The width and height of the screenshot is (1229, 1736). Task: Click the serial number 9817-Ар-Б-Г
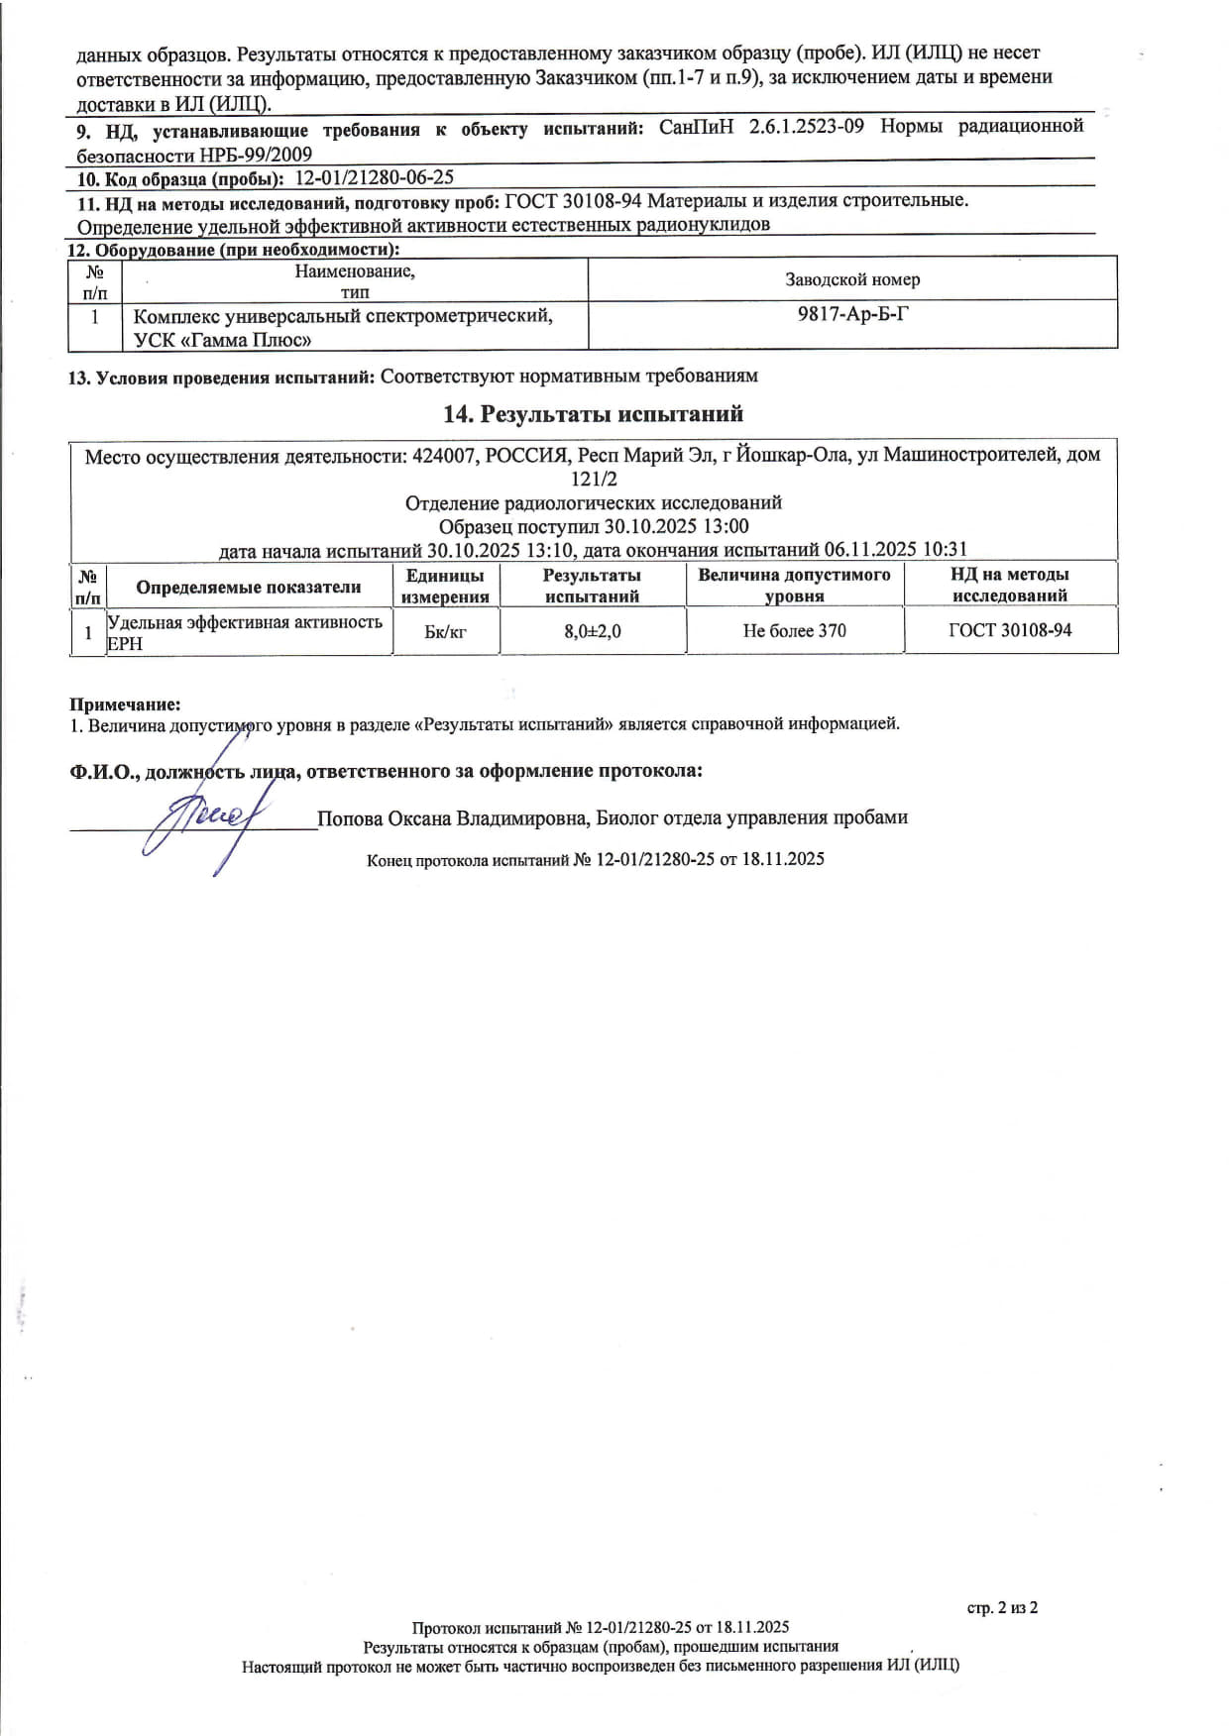(852, 315)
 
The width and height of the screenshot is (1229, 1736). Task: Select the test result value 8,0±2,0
(593, 631)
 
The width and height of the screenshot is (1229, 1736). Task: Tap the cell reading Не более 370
(794, 630)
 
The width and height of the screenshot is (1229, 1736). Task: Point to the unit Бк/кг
(445, 631)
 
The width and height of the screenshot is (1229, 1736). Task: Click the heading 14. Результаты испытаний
(593, 414)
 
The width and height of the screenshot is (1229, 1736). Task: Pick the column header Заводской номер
(852, 279)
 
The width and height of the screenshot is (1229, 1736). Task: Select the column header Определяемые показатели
(248, 587)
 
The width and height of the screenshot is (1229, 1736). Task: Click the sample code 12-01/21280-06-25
(375, 177)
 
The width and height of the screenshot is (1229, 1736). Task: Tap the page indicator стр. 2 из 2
(1002, 1607)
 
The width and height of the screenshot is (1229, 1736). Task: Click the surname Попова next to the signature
(349, 818)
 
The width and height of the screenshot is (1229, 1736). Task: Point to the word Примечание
(125, 705)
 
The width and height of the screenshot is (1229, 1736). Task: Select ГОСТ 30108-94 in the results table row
(1009, 630)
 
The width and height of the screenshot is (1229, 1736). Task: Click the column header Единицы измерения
(445, 586)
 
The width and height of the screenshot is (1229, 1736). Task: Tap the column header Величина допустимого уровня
(794, 585)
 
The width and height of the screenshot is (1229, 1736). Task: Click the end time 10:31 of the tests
(945, 549)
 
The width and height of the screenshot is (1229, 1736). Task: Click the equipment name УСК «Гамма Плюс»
(223, 340)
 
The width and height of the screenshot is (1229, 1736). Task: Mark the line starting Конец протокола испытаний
(595, 859)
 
